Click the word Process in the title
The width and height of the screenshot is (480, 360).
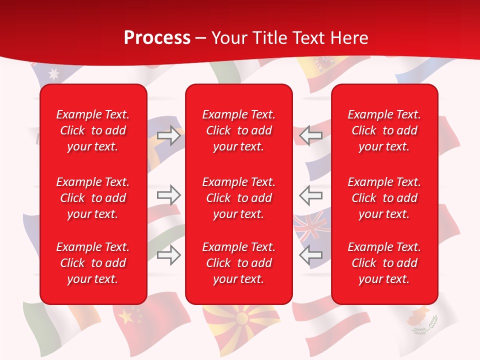[157, 38]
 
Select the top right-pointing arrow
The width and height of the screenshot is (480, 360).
[169, 135]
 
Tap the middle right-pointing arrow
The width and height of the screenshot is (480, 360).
[169, 195]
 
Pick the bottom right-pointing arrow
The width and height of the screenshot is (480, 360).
[169, 255]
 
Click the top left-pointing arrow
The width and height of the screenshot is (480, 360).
[310, 135]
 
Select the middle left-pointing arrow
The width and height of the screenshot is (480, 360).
[310, 195]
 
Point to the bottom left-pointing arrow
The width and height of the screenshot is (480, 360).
[310, 255]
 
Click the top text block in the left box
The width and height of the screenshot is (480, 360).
[93, 130]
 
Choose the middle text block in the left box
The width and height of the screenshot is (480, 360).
[93, 198]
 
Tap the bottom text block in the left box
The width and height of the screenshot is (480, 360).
[93, 263]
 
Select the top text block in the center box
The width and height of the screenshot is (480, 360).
[239, 130]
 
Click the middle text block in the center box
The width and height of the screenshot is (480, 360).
[239, 198]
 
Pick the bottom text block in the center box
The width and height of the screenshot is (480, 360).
[239, 263]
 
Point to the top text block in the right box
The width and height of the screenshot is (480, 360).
[384, 130]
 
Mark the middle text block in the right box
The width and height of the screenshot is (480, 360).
[384, 198]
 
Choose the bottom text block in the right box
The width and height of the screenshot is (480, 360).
[384, 263]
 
